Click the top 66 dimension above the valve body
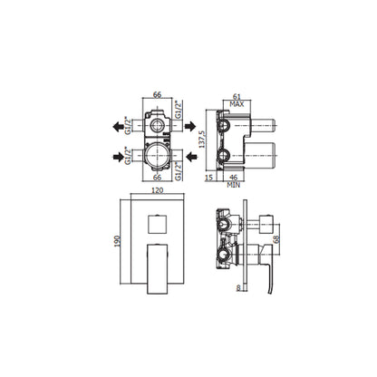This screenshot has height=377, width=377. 157,94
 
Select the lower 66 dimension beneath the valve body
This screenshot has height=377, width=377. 157,178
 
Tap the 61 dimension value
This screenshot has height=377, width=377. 237,97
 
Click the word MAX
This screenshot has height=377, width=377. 237,104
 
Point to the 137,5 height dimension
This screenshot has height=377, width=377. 202,140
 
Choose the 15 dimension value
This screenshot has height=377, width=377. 208,178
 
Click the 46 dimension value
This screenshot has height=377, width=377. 234,178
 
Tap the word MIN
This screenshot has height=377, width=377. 234,185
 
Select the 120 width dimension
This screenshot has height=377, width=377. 157,190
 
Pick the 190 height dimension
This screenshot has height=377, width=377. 117,241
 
